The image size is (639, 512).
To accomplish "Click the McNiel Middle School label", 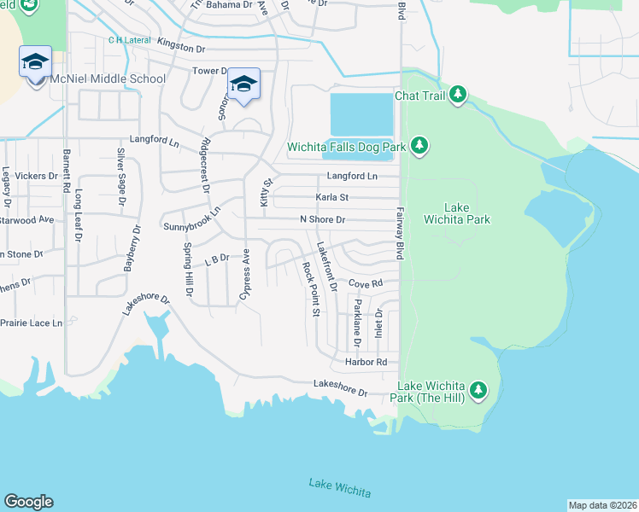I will pos(108,79).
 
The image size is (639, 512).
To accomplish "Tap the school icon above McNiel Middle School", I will pos(35,62).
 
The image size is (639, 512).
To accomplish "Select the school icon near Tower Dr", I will pos(243,84).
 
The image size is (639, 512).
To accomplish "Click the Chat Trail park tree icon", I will pos(459,95).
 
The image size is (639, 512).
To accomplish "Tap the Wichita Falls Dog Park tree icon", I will pos(419,147).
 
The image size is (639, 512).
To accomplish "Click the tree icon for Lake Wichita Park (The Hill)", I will pos(478,391).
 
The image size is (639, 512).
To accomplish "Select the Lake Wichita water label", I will pos(340,487).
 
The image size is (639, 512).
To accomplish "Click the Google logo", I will pos(28,502).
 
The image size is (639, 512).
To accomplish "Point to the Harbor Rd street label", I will pos(366,363).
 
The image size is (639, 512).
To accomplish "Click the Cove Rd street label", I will pos(364,282).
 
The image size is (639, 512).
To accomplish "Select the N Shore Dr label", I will pos(322,219).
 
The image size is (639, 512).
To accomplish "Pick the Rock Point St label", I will pos(310,289).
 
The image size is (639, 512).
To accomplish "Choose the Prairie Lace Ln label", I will pos(32,323).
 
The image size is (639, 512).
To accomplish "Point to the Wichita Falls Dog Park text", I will pos(346,147).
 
